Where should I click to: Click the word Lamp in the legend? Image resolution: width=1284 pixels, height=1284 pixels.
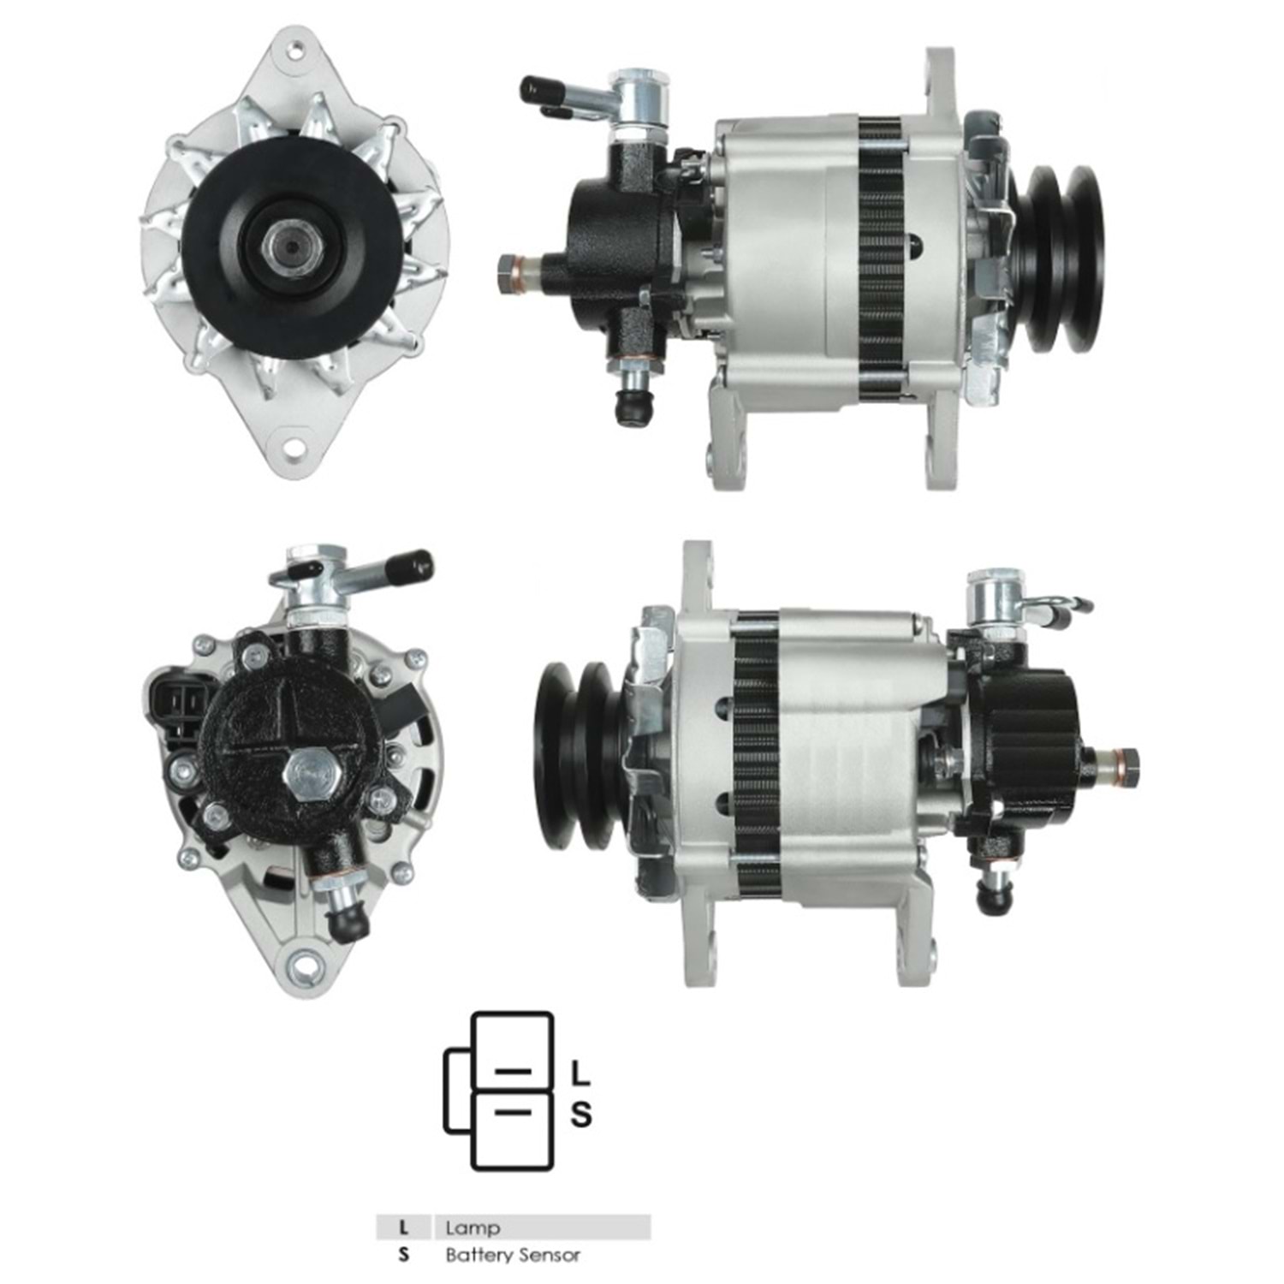473,1228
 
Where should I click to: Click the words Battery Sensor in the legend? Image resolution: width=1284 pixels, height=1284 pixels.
513,1256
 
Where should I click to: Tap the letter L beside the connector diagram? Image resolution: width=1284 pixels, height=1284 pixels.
580,1073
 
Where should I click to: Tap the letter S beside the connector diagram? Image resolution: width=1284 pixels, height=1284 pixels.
581,1115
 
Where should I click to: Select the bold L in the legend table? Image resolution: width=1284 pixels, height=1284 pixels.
403,1228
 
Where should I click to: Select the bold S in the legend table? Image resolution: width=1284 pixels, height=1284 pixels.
404,1256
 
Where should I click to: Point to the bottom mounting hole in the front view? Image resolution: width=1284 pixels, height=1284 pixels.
294,447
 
